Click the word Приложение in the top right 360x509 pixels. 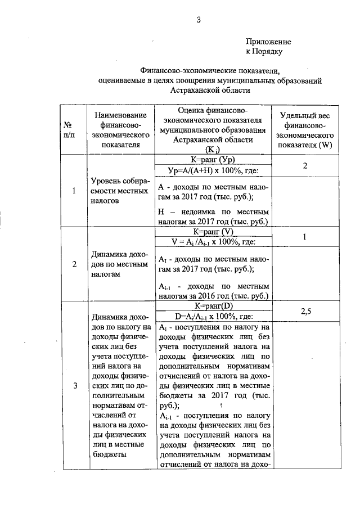pos(268,42)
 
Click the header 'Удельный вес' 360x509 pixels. pos(305,115)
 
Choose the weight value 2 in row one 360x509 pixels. pos(304,166)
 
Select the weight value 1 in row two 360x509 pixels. pos(304,237)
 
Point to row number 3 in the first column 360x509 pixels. pos(74,386)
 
